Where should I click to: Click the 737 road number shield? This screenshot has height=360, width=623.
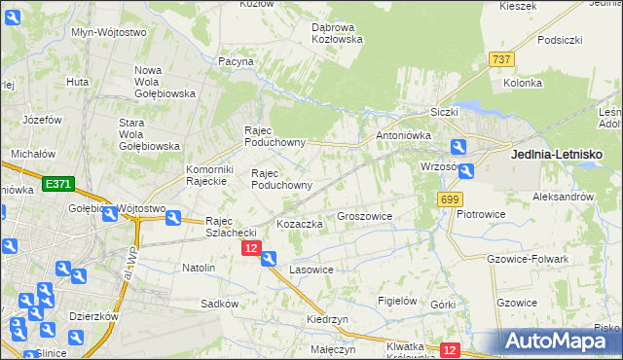501,59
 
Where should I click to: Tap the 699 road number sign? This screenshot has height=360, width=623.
449,199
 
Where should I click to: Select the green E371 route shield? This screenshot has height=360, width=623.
58,183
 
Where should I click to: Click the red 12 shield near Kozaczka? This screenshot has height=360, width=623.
251,249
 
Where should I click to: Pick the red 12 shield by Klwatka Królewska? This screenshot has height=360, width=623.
449,349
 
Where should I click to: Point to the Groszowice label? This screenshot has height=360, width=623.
364,216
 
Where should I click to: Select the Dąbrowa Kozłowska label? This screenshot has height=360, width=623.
337,33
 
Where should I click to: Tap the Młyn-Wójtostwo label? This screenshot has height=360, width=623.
109,31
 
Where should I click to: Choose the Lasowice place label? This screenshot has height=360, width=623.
311,269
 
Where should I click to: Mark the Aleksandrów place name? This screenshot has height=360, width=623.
563,196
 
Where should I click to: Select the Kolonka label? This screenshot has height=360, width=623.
523,84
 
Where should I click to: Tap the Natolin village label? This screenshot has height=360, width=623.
199,267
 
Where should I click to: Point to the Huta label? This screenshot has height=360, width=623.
78,83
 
